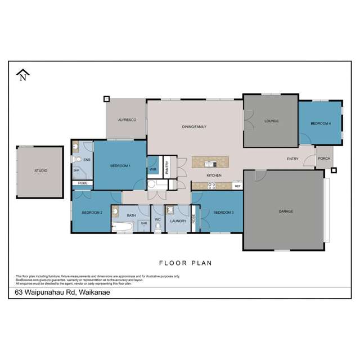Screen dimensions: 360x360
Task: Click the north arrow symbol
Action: [22, 75]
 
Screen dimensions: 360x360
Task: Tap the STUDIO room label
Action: [40, 170]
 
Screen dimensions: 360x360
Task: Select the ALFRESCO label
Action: [124, 120]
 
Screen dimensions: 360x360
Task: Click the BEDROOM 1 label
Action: [120, 165]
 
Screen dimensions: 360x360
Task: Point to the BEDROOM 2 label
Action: [92, 212]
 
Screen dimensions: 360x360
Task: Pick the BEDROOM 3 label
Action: [223, 212]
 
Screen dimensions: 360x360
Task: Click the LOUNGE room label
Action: [272, 121]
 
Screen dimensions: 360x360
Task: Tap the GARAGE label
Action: [286, 211]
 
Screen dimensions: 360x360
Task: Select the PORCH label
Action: [325, 158]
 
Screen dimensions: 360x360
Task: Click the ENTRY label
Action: [292, 159]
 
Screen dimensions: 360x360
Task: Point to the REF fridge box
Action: [237, 186]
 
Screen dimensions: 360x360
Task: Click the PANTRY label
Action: [167, 168]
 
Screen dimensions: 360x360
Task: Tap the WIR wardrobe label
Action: [153, 169]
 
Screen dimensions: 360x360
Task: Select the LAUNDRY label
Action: [178, 221]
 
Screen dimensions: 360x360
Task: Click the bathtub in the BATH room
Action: [122, 227]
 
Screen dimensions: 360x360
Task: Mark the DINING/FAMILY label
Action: [193, 127]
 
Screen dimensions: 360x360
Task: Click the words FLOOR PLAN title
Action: [184, 263]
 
